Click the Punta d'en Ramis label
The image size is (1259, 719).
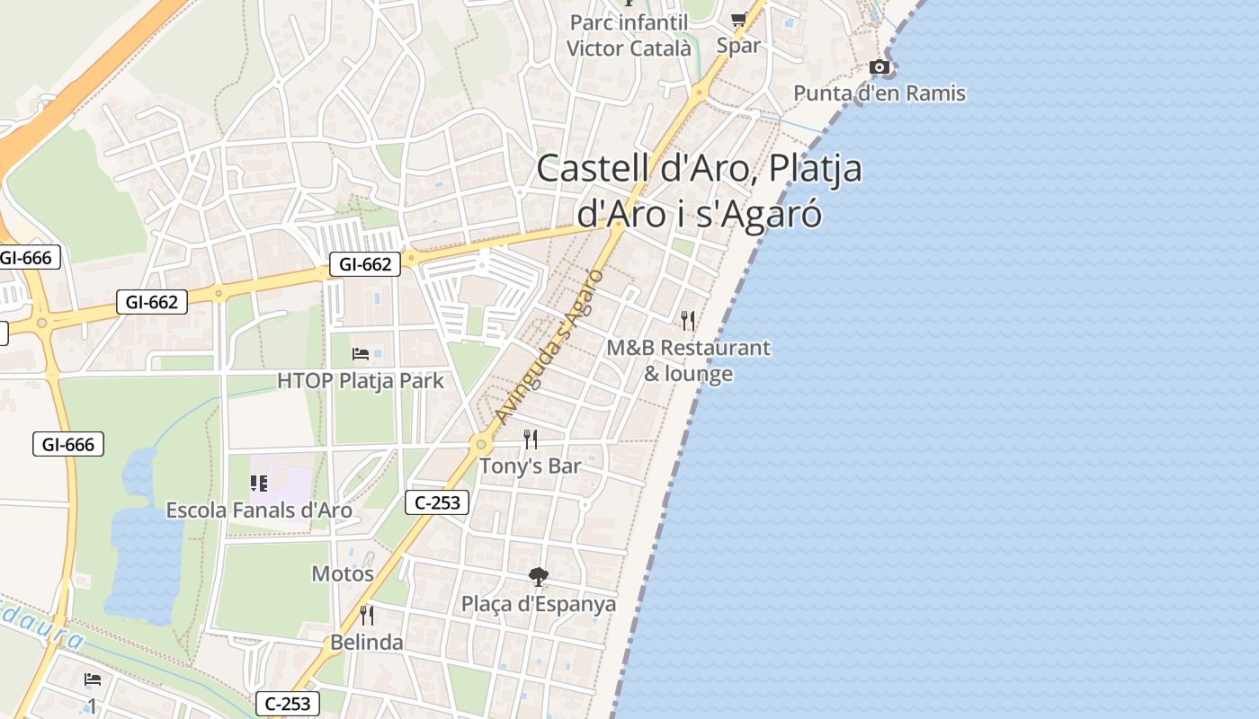click(x=879, y=93)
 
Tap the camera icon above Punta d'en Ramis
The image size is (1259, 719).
click(x=880, y=67)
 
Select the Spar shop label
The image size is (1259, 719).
click(x=738, y=46)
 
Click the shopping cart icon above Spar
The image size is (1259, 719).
click(x=738, y=19)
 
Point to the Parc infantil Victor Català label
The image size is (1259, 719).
click(x=629, y=35)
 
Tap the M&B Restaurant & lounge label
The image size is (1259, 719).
click(x=688, y=360)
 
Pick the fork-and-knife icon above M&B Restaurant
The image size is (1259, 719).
click(x=688, y=321)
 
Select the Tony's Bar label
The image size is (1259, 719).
click(x=530, y=466)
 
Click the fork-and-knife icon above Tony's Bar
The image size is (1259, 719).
click(x=531, y=439)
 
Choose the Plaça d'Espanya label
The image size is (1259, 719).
click(x=539, y=604)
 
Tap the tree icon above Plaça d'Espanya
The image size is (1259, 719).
click(x=539, y=577)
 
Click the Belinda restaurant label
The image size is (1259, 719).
click(x=367, y=643)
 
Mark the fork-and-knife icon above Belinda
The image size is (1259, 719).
click(x=367, y=616)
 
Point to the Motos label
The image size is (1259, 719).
click(x=343, y=573)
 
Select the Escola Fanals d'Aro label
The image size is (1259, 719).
click(x=259, y=510)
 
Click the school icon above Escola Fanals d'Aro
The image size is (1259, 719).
click(x=259, y=484)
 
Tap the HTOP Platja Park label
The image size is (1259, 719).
click(x=361, y=381)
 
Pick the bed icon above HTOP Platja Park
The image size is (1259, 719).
click(x=361, y=354)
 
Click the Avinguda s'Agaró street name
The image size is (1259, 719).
click(x=548, y=347)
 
